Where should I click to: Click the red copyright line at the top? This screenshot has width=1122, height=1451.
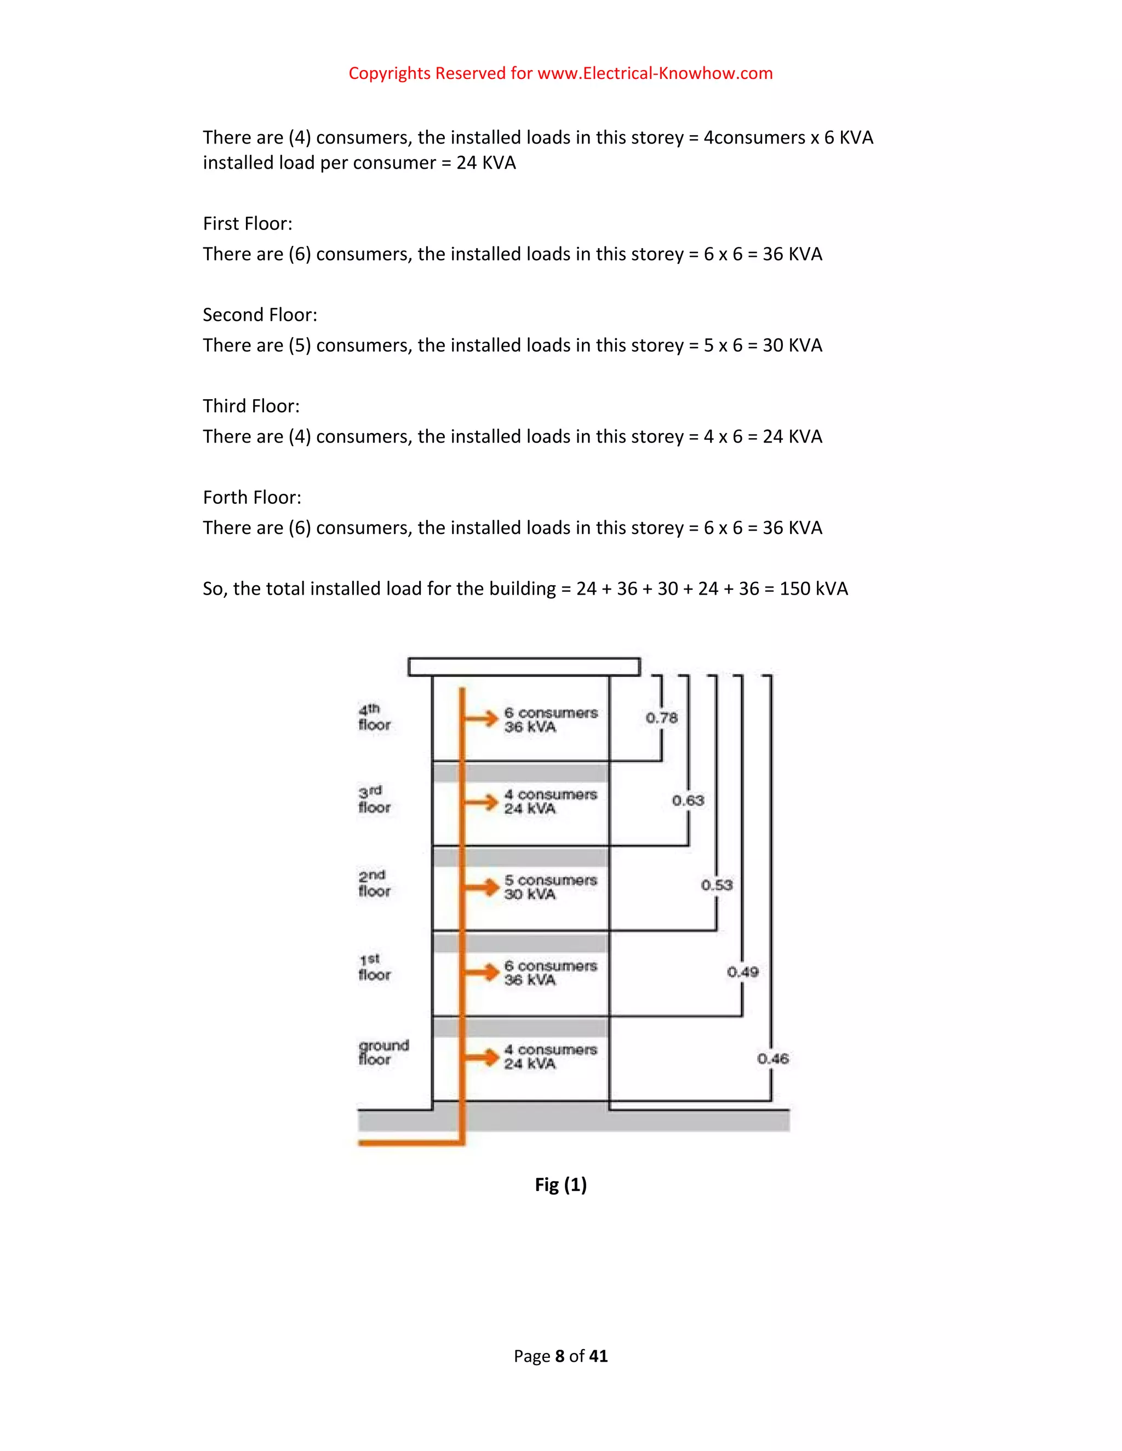coord(560,73)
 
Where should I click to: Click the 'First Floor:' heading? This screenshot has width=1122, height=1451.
coord(247,223)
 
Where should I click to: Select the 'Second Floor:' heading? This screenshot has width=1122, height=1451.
coord(260,314)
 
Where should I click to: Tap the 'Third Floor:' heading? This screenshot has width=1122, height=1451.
coord(251,406)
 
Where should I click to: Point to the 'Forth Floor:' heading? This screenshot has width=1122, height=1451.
coord(252,497)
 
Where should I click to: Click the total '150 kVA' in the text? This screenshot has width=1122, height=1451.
coord(814,589)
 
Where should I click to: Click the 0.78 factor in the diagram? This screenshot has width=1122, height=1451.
coord(661,717)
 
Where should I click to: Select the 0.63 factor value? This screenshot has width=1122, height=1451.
coord(688,801)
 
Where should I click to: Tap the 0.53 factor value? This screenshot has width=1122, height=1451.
coord(717,885)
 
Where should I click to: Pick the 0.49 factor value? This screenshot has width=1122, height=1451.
coord(742,972)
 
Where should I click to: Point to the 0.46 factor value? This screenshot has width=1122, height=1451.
coord(772,1058)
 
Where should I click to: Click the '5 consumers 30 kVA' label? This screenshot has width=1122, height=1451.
coord(551,887)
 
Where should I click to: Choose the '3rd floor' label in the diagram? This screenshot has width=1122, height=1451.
coord(374,799)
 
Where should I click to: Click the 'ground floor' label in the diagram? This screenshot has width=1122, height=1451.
coord(383,1052)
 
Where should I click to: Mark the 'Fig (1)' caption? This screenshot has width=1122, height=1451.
coord(560,1184)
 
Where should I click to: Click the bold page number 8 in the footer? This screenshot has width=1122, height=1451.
coord(560,1356)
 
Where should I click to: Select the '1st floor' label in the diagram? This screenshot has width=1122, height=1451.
coord(374,968)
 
